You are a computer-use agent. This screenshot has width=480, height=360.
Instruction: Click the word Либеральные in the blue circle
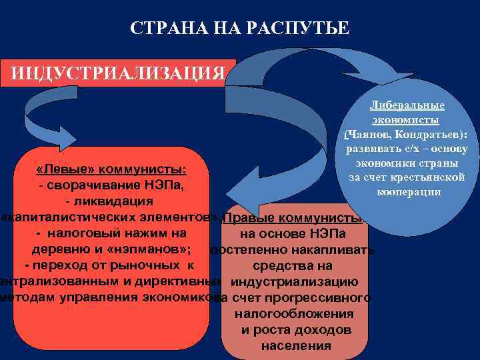click(407, 105)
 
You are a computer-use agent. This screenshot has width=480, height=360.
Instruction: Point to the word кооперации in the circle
click(407, 191)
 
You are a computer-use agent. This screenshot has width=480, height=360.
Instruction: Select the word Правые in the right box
click(249, 219)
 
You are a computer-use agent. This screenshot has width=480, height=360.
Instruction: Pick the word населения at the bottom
click(296, 345)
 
